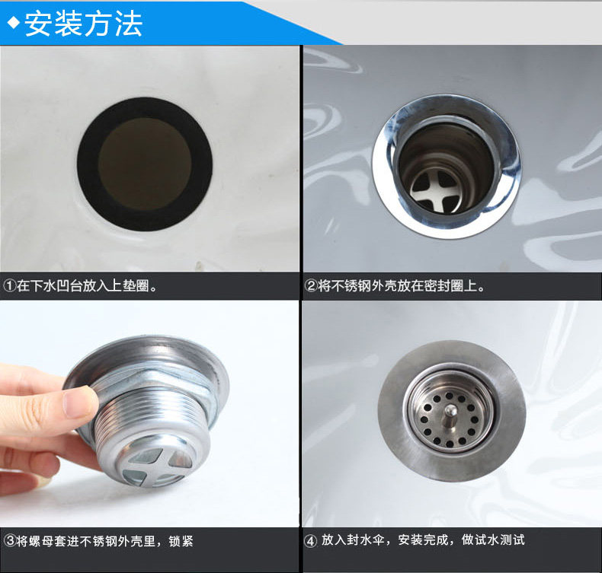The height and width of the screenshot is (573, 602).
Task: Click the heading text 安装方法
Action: tap(84, 24)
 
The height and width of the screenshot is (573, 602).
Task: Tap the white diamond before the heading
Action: tap(14, 23)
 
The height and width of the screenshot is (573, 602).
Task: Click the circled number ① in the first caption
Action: tap(9, 285)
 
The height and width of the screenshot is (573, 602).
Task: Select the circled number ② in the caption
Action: tap(310, 285)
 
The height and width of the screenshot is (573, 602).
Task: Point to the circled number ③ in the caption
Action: tap(10, 541)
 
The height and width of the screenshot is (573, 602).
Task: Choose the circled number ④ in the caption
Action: tap(310, 541)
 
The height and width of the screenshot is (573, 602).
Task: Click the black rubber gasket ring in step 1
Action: tap(88, 165)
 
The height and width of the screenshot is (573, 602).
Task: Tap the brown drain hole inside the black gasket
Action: tap(145, 164)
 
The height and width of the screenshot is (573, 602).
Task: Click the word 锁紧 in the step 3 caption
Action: tap(181, 541)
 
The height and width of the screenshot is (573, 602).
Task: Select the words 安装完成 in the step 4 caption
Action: tap(423, 540)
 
